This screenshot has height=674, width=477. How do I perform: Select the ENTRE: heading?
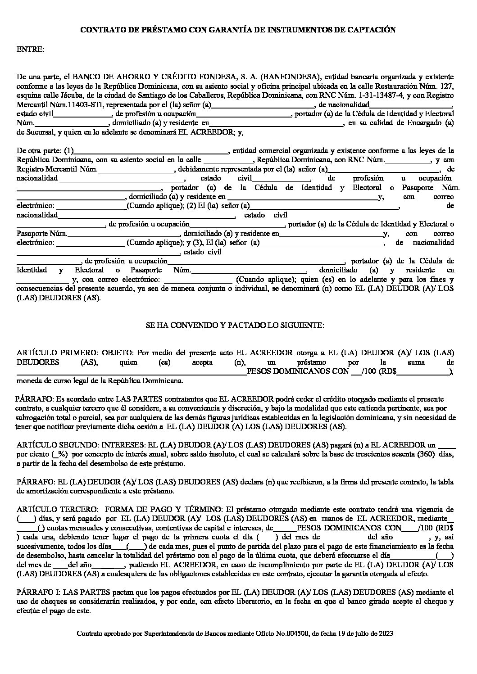click(x=31, y=49)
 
